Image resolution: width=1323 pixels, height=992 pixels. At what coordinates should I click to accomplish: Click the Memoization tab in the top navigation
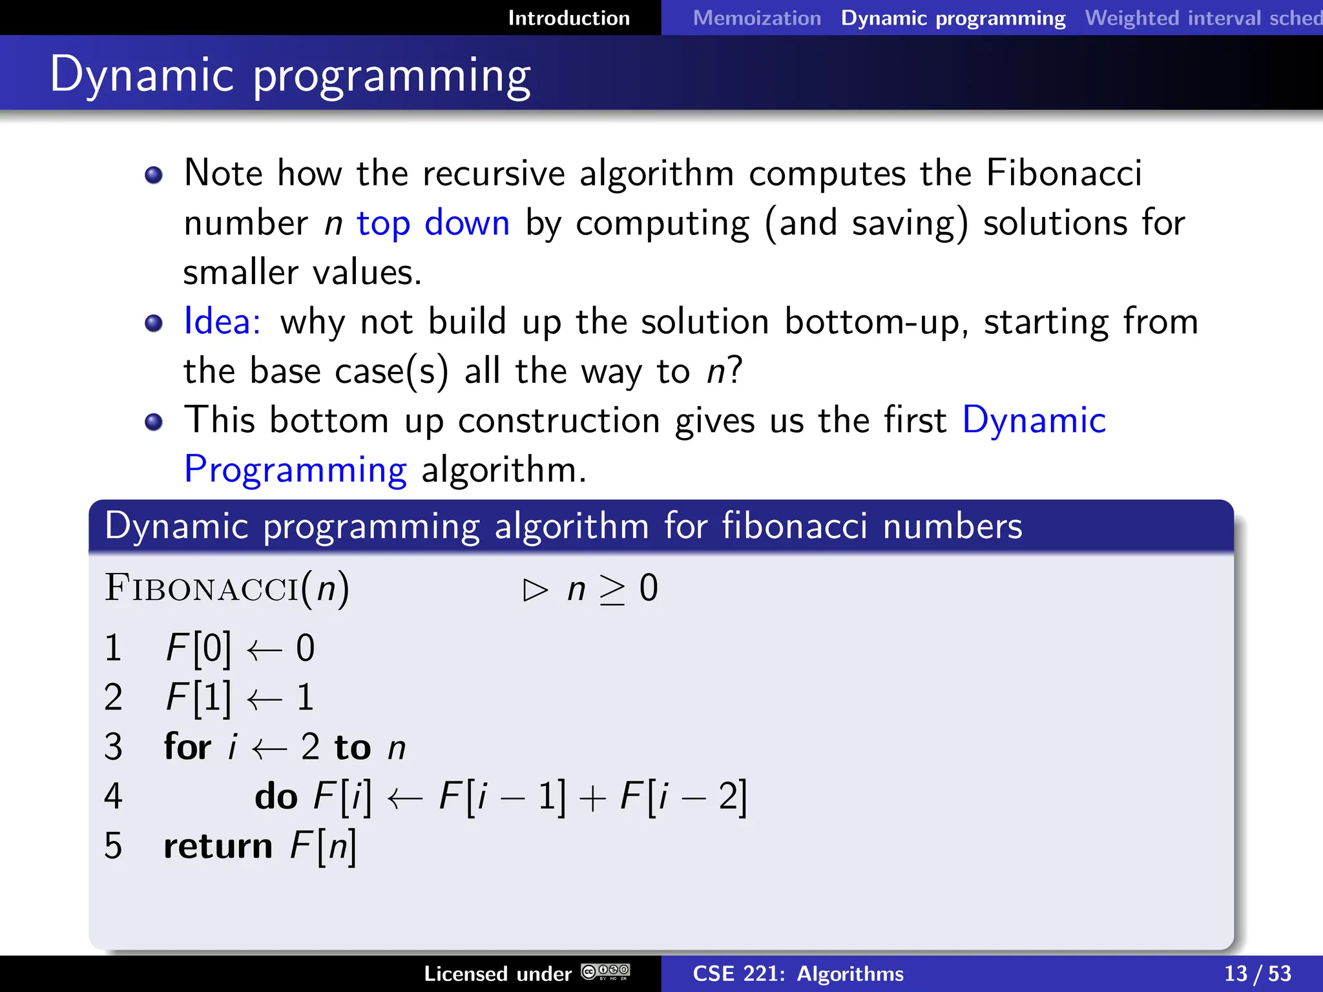point(756,18)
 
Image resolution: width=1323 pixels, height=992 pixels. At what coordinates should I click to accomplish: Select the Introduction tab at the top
point(568,18)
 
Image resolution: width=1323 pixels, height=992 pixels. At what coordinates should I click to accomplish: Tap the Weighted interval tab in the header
point(1203,18)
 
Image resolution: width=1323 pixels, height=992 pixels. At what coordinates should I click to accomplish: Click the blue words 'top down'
point(433,223)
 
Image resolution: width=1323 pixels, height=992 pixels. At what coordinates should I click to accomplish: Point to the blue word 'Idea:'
point(222,321)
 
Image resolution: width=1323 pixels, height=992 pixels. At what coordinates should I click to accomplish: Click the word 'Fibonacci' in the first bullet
point(1064,173)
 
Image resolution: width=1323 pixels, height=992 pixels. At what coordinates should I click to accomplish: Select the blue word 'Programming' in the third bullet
point(295,470)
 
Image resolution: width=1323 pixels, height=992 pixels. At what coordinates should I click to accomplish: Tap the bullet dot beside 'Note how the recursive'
point(154,175)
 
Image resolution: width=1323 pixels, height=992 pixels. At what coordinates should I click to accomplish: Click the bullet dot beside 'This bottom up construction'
point(154,422)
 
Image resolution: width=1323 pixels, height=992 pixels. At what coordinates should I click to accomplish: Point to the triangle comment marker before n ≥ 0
point(536,590)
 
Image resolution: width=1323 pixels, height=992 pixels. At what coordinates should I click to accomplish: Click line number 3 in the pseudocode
point(113,747)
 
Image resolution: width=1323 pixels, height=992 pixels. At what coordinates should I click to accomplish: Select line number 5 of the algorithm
point(113,845)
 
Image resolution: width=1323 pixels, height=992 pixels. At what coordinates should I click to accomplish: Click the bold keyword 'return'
point(218,846)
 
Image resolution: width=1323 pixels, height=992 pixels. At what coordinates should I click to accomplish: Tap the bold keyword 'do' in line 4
point(276,796)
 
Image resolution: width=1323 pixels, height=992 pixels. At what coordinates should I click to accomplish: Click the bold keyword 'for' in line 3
point(187,747)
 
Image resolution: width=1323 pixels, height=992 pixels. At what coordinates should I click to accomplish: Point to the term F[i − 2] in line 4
point(683,796)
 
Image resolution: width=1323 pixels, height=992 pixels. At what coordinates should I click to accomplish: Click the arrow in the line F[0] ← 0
point(264,649)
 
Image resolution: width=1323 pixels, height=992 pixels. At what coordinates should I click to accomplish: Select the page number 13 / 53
point(1257,973)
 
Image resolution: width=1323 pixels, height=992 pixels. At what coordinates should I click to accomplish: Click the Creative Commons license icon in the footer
point(605,971)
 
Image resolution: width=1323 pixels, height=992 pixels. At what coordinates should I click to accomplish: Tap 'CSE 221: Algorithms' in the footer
point(798,973)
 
